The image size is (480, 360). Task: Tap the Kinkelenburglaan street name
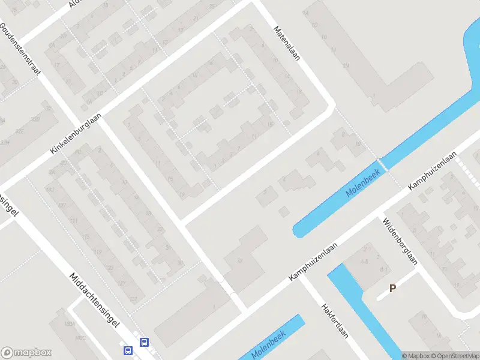point(76,133)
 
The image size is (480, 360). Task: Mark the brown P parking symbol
point(393,288)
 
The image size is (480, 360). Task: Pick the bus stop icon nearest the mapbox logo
point(128,350)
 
